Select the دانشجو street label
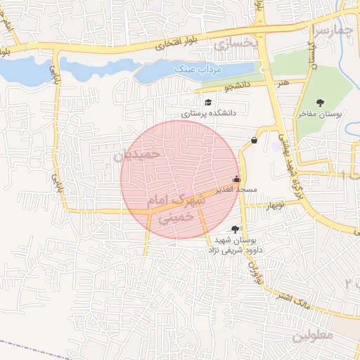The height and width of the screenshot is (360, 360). pyautogui.click(x=238, y=88)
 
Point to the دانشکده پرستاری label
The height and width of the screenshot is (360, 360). pyautogui.click(x=209, y=112)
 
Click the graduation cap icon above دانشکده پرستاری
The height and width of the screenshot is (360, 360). pyautogui.click(x=207, y=103)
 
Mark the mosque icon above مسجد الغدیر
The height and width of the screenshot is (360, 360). pyautogui.click(x=236, y=179)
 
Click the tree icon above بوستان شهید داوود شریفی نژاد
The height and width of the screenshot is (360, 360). pyautogui.click(x=234, y=229)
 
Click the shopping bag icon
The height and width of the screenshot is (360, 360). pyautogui.click(x=252, y=140)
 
